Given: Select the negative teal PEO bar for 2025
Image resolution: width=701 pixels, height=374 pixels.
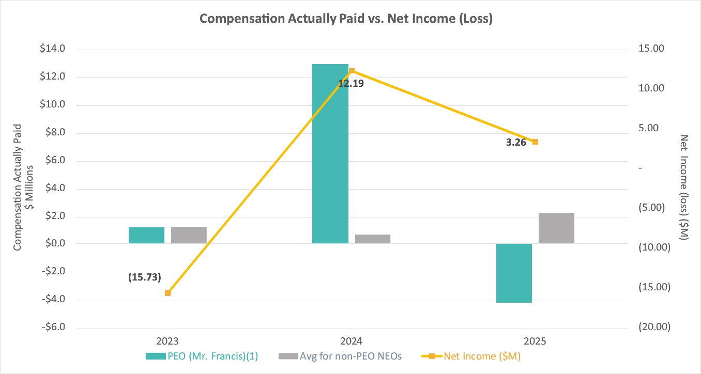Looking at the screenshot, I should [514, 273].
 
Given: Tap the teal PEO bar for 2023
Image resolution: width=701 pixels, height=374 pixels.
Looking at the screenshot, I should [146, 235].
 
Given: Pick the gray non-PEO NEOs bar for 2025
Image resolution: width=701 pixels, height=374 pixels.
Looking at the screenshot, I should [556, 228].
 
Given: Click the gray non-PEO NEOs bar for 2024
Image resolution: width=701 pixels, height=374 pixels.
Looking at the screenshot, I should [372, 239].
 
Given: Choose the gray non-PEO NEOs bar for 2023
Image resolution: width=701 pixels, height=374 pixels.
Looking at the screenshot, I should [189, 235].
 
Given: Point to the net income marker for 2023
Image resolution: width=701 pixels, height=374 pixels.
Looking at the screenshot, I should [167, 293].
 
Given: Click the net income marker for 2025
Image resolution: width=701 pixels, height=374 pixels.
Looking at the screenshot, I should [535, 142].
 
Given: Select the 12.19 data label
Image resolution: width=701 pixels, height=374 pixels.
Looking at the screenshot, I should [351, 83].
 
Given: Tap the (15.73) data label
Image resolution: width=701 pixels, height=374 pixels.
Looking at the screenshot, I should [145, 277].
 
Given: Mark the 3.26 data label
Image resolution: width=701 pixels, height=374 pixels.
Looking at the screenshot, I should [515, 143].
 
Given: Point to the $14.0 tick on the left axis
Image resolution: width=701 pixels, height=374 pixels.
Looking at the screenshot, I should [53, 50].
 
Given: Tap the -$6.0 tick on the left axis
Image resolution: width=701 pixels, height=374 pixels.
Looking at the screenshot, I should [53, 328].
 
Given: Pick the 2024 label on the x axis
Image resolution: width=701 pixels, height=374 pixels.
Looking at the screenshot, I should [351, 341].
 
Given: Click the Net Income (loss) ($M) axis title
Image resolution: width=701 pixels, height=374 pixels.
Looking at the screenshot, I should [684, 187].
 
